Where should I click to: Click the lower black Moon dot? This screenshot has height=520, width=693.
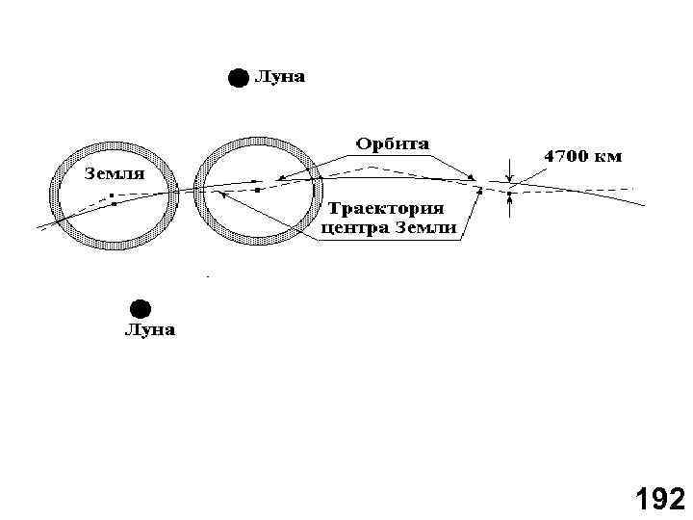pos(141,309)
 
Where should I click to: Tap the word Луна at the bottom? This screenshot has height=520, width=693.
pos(149,331)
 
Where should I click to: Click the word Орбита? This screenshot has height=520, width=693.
pos(394,144)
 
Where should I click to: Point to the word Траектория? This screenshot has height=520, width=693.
pos(387,208)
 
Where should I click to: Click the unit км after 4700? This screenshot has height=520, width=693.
pos(609,155)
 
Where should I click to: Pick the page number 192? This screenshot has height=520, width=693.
pos(659,499)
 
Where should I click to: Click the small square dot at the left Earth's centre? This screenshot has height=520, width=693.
pos(113,196)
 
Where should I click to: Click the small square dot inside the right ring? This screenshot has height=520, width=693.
pos(259,190)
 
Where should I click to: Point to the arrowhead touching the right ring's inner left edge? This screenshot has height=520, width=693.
pos(220,192)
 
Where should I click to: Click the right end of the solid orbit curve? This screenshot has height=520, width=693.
pos(645,204)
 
